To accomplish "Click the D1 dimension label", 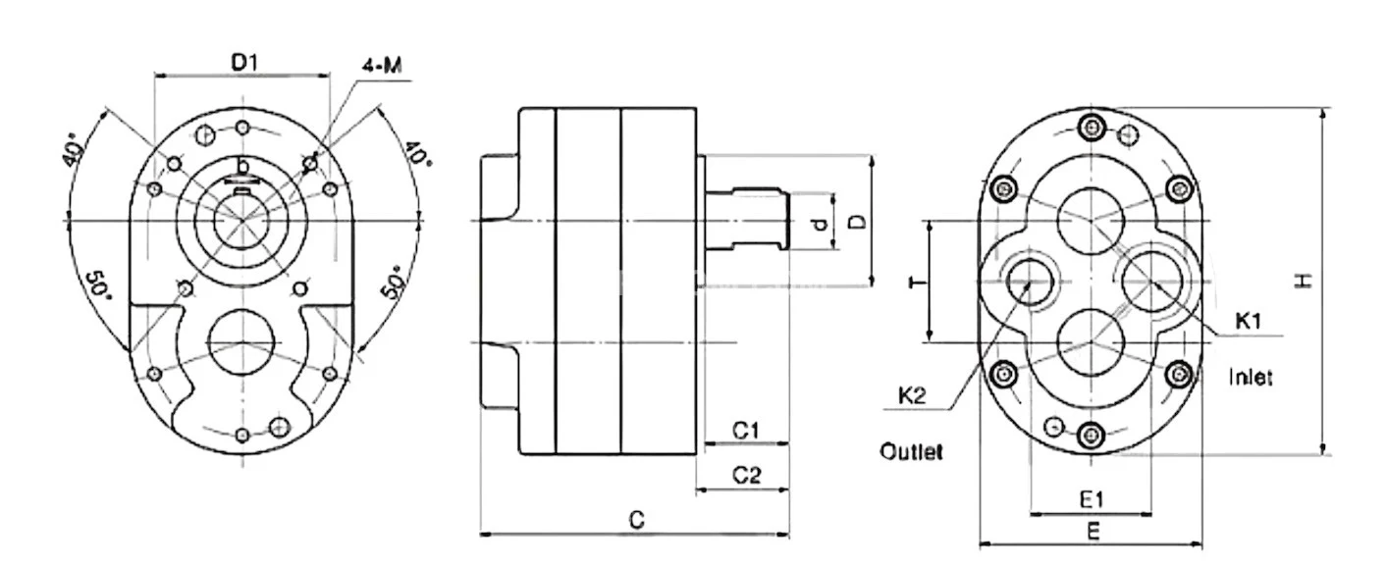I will pyautogui.click(x=242, y=63).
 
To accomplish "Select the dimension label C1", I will pyautogui.click(x=747, y=430).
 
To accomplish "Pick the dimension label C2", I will pyautogui.click(x=747, y=476).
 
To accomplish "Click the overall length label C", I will pyautogui.click(x=636, y=521).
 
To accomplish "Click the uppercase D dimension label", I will pyautogui.click(x=857, y=222).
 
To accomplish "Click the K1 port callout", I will pyautogui.click(x=1248, y=320).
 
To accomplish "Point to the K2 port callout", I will pyautogui.click(x=913, y=396).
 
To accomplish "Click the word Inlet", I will pyautogui.click(x=1251, y=377).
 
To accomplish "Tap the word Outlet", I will pyautogui.click(x=911, y=452).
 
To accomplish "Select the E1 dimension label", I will pyautogui.click(x=1093, y=499).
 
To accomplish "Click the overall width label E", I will pyautogui.click(x=1092, y=531).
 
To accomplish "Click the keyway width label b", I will pyautogui.click(x=241, y=165).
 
